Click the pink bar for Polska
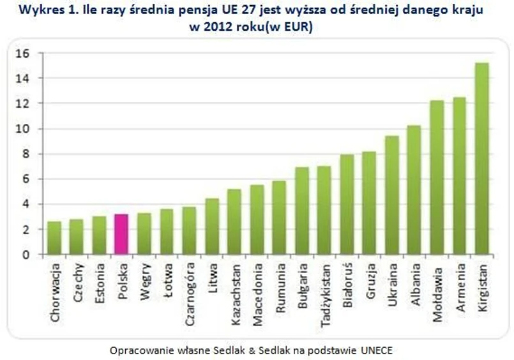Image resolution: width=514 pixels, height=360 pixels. click(121, 234)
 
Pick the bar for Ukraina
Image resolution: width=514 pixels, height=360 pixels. click(392, 195)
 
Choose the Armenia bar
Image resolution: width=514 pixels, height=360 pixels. click(460, 176)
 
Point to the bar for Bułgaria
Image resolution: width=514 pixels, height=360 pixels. click(302, 211)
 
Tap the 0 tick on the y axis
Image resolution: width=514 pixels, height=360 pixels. click(26, 255)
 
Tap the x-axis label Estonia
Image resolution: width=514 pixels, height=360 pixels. click(100, 283)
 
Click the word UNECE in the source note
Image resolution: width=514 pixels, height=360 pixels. click(375, 350)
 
